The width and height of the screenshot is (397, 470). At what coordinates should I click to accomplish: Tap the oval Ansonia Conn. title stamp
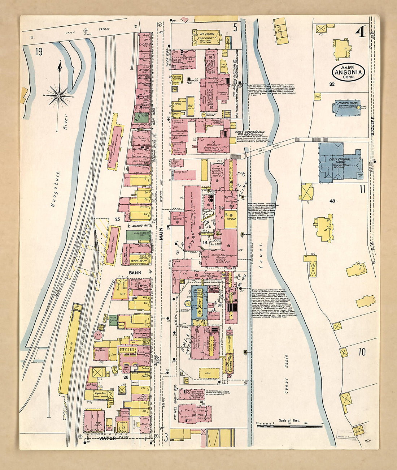coord(348,72)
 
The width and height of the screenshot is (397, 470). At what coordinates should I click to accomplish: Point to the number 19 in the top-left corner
coord(39,52)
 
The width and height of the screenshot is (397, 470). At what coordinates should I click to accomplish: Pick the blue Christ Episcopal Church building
coord(340,161)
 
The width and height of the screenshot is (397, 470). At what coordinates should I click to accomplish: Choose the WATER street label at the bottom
coord(107,439)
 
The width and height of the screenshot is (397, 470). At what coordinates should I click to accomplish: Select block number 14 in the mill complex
coord(205,242)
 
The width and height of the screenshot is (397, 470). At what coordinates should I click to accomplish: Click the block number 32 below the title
coord(332,84)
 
